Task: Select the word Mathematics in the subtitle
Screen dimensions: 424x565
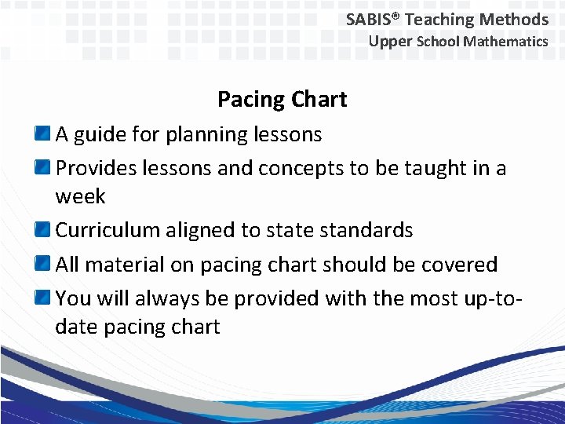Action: coord(505,42)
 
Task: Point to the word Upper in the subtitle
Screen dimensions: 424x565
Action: coord(390,42)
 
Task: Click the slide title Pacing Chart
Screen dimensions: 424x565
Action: coord(282,100)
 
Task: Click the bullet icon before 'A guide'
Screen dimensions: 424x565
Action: coord(44,134)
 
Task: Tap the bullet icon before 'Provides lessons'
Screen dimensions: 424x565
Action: coord(44,168)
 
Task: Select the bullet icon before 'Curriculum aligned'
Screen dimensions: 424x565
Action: coord(44,230)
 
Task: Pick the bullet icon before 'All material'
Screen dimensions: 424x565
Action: coord(44,265)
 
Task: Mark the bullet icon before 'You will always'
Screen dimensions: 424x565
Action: coord(44,298)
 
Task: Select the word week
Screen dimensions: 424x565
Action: coord(80,196)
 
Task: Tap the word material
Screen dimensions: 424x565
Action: coord(125,265)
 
